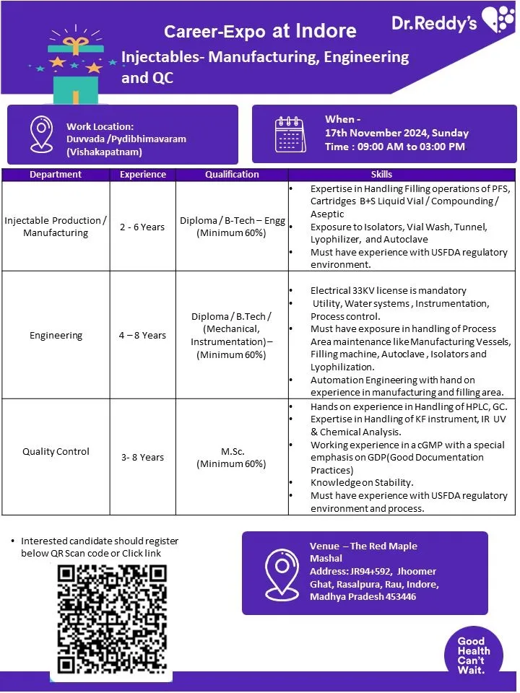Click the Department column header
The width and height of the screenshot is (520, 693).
click(x=56, y=174)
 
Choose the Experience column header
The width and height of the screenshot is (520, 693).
click(x=142, y=174)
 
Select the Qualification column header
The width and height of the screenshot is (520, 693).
click(x=232, y=174)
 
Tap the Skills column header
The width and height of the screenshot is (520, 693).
click(x=381, y=174)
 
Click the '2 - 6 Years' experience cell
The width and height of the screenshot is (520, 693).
click(x=142, y=227)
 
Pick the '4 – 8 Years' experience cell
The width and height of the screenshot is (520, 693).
click(x=142, y=335)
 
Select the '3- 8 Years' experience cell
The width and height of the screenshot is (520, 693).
click(x=142, y=457)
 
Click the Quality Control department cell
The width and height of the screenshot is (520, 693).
click(x=56, y=451)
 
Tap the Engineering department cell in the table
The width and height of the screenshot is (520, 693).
click(x=56, y=335)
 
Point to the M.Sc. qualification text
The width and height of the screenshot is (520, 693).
click(x=232, y=451)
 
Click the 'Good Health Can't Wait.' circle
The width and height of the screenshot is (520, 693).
click(x=473, y=655)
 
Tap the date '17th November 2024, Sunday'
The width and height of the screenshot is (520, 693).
click(x=396, y=133)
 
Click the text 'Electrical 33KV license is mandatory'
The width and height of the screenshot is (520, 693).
click(x=389, y=290)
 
